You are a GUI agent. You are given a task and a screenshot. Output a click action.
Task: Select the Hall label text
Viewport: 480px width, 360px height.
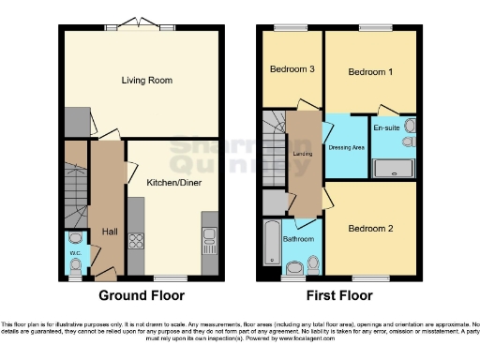point(108,231)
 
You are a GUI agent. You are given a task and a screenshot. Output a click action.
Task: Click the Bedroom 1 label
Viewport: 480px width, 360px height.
point(370,71)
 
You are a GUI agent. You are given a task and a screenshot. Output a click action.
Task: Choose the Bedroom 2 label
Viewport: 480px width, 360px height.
point(370,228)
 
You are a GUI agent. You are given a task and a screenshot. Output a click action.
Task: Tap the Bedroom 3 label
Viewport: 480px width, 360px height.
point(292,69)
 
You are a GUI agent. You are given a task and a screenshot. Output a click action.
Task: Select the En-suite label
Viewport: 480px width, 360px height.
point(386,127)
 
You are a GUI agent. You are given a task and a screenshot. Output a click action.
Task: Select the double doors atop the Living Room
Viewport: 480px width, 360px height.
point(124,25)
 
